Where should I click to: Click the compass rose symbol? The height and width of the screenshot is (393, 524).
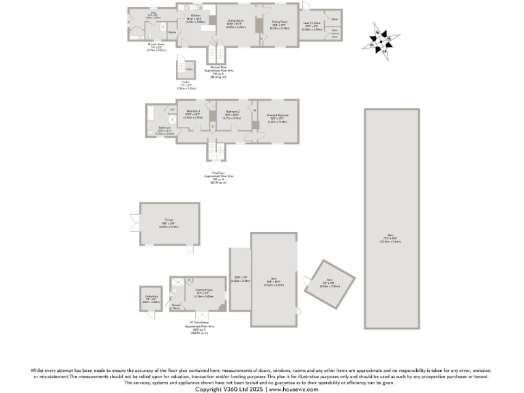383,40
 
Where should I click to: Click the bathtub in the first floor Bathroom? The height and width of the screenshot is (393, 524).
149,119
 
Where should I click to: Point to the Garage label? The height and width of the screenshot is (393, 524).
169,220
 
